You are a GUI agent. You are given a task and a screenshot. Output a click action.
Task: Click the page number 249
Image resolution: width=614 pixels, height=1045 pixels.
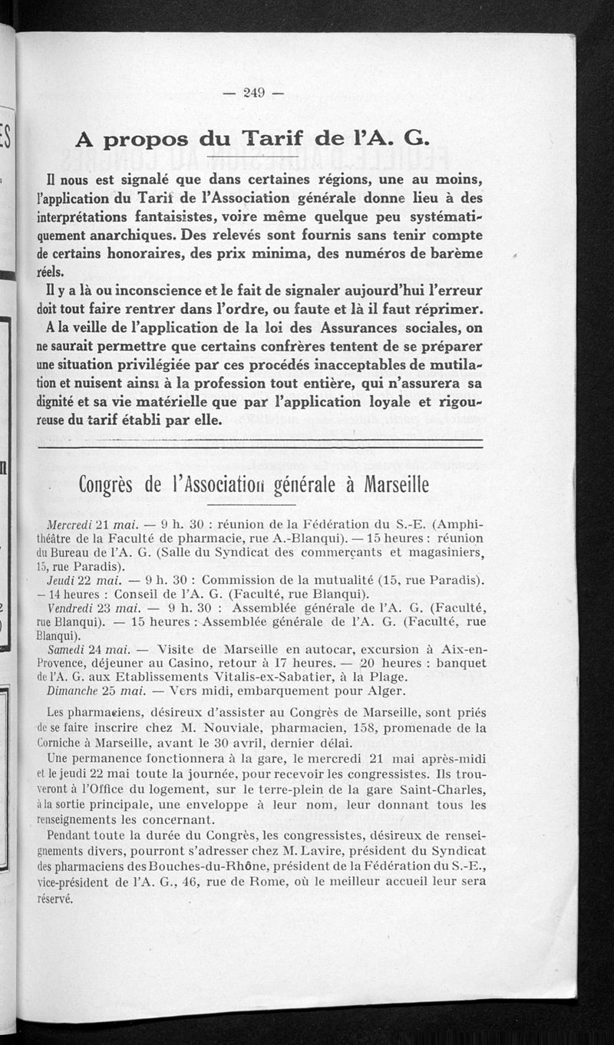coord(253,94)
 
